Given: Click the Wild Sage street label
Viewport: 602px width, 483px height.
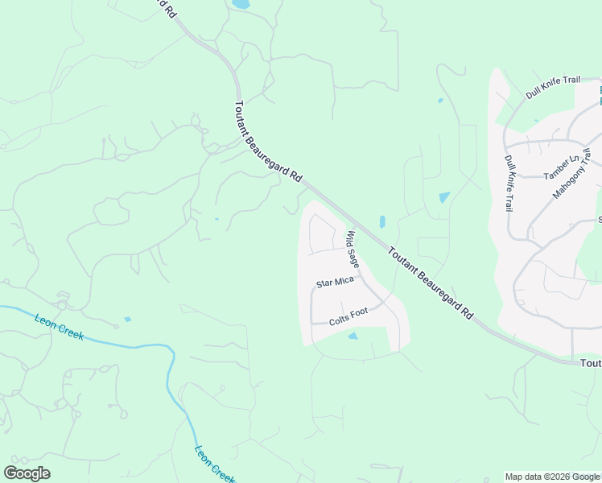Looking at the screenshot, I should [353, 250].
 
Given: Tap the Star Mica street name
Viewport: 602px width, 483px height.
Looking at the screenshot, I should [335, 283].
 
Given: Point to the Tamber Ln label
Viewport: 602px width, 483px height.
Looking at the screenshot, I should [561, 171].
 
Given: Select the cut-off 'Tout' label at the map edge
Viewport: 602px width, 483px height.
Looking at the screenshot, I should [590, 364].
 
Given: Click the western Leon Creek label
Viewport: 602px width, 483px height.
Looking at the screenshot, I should [59, 325].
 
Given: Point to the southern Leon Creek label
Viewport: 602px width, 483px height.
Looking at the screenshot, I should [214, 464].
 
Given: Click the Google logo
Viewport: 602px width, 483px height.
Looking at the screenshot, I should [27, 473].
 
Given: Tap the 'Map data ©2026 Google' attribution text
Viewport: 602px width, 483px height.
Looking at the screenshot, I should [553, 477].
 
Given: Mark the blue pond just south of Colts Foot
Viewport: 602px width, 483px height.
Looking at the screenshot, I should [353, 336].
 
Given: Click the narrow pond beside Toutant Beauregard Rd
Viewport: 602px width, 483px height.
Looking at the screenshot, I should [382, 221].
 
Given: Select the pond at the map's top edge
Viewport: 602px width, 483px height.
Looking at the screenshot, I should [241, 4].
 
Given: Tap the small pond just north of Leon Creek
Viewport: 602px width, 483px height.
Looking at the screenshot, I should [127, 319].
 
